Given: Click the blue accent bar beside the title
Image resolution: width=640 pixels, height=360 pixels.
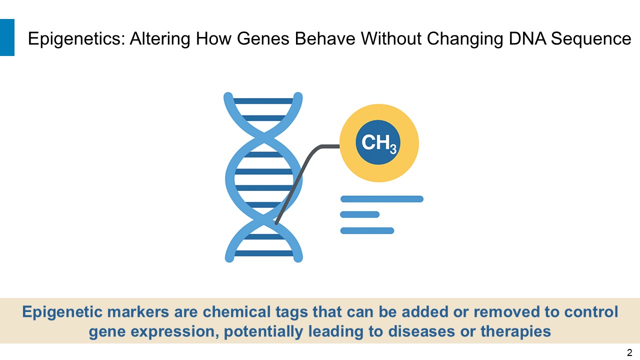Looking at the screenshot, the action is click(x=7, y=37).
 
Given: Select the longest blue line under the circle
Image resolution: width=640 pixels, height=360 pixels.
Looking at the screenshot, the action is click(x=381, y=199).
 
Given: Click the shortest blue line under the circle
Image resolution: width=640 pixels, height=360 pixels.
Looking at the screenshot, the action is click(x=359, y=214).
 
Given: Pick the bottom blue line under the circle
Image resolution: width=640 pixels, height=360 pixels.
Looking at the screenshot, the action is click(x=367, y=230).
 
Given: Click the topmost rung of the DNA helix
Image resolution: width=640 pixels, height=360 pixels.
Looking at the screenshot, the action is click(x=263, y=101).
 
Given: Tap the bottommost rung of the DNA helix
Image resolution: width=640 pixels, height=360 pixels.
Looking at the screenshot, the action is click(x=263, y=253).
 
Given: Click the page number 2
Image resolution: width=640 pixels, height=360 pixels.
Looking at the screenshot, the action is click(x=629, y=352).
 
